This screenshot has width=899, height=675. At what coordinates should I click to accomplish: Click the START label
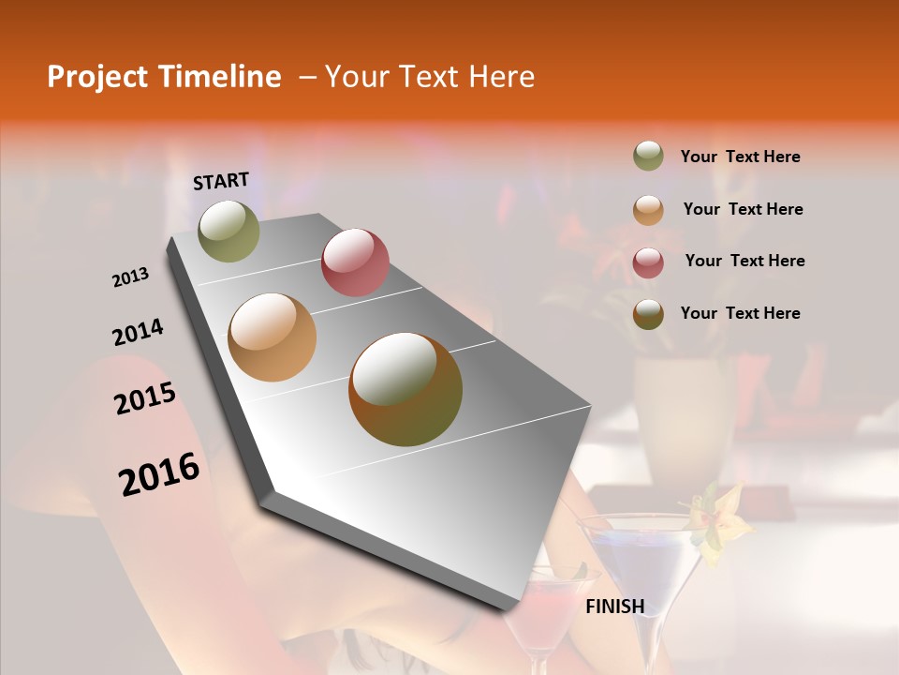[221, 181]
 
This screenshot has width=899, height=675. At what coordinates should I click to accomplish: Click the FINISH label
[615, 607]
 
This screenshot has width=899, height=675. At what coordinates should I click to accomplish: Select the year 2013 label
[131, 277]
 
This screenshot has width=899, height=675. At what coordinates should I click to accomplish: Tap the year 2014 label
[138, 332]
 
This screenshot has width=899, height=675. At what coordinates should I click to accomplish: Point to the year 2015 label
[145, 398]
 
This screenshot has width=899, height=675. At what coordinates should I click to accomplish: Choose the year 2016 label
[159, 474]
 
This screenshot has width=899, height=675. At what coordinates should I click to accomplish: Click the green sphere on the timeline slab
[229, 231]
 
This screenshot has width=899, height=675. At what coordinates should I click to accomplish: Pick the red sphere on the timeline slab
[355, 262]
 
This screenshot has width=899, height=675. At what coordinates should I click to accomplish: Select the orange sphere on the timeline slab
[273, 337]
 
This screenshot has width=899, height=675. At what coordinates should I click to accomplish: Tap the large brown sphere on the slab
[405, 389]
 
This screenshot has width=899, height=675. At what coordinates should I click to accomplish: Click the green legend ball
[648, 157]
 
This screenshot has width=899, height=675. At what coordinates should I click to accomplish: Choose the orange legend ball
[648, 210]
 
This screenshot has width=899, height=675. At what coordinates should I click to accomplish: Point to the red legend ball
[648, 262]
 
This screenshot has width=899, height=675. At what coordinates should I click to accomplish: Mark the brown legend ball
[648, 314]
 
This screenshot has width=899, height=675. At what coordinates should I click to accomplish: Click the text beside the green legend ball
[740, 157]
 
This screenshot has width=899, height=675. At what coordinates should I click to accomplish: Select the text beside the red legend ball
[744, 261]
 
